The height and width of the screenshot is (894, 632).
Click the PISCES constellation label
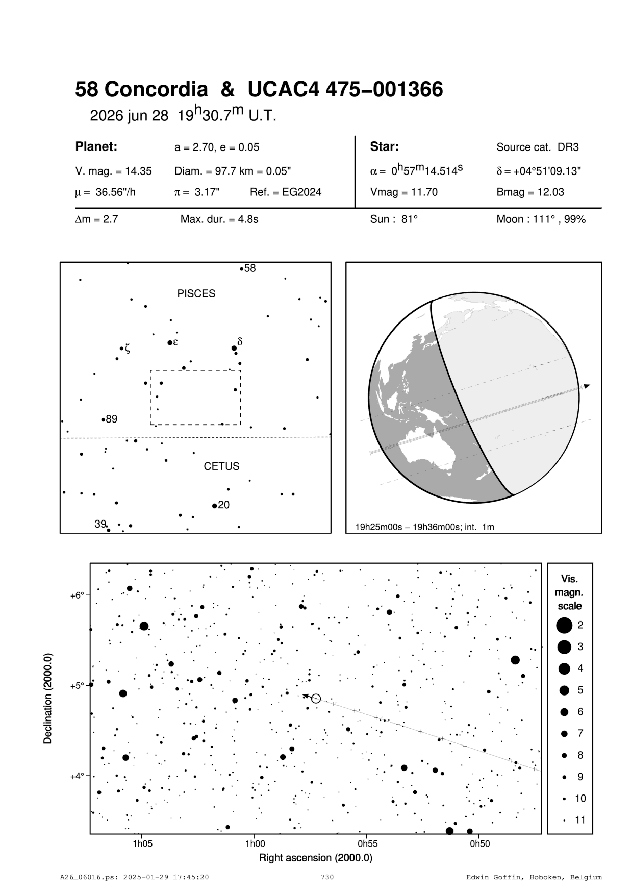pos(196,294)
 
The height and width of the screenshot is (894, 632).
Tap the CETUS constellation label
pos(221,466)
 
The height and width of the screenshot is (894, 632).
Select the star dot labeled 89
pos(103,420)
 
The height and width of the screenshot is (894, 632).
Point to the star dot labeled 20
pos(214,506)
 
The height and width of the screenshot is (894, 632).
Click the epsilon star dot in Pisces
pos(169,342)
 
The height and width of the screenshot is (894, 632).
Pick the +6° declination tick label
pos(77,595)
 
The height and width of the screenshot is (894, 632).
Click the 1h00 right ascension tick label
pos(255,843)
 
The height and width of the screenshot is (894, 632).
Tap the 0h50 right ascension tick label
pos(479,843)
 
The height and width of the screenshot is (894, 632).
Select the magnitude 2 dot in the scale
pos(564,625)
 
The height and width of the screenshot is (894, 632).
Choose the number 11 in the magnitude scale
pos(580,820)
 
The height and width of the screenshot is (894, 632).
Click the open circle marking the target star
pos(316,699)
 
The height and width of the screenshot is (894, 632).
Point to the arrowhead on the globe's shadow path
pos(587,386)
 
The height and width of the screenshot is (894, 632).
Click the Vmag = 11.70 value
pos(403,192)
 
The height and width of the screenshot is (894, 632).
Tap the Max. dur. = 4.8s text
pos(219,220)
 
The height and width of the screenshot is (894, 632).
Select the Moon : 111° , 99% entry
pos(541,220)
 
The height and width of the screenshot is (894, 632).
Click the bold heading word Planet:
pos(96,147)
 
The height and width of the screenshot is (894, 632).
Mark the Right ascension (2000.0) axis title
pos(315,857)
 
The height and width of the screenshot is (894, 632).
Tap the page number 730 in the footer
pos(327,877)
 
